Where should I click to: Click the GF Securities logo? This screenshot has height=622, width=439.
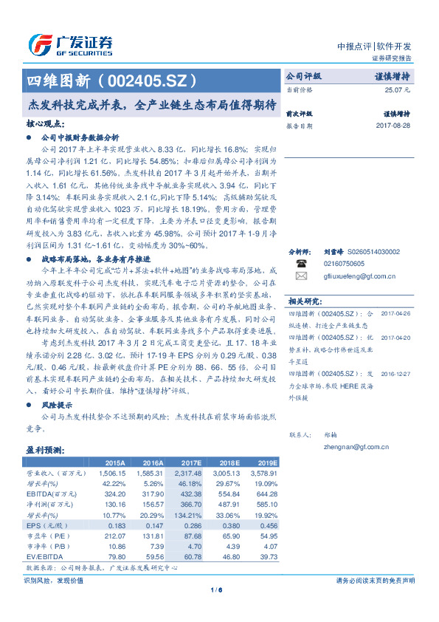pyautogui.click(x=70, y=45)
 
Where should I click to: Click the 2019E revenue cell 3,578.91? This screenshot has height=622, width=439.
pyautogui.click(x=263, y=472)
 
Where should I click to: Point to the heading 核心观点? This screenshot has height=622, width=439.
pyautogui.click(x=45, y=124)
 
